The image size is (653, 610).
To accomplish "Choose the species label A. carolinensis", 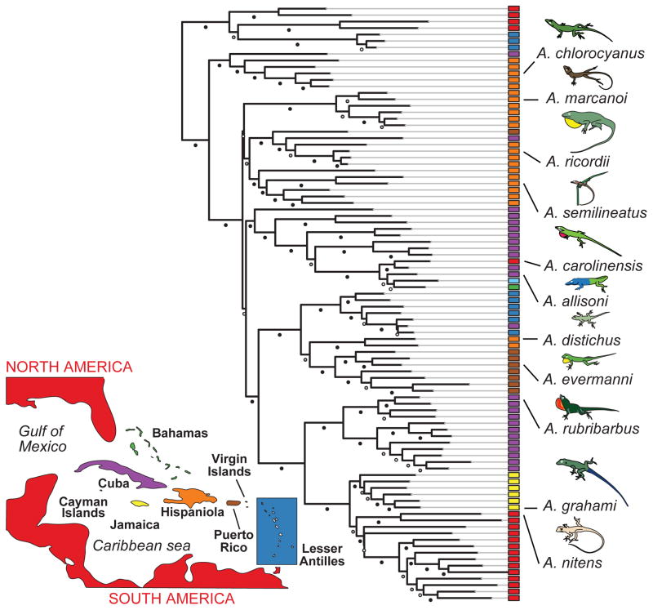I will tap(589, 265).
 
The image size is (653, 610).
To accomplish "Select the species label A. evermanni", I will tap(583, 376).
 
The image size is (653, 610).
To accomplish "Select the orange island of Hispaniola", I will tap(186, 496).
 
